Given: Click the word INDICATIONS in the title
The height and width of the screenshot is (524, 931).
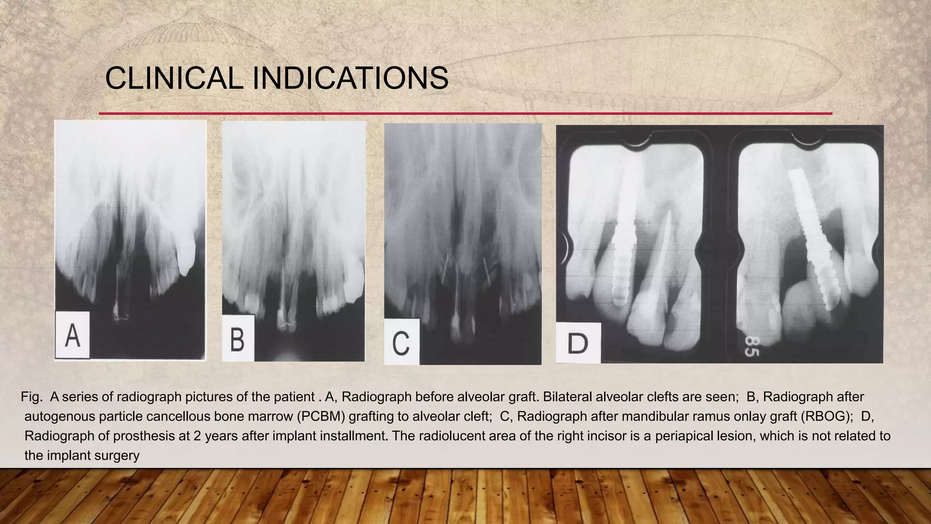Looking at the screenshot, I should tap(350, 78).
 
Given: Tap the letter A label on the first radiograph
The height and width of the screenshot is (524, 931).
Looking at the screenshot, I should tap(73, 335).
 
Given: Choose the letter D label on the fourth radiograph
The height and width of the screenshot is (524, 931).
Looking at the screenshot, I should tap(578, 343).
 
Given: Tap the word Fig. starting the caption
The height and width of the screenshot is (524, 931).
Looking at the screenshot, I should tap(31, 397).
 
